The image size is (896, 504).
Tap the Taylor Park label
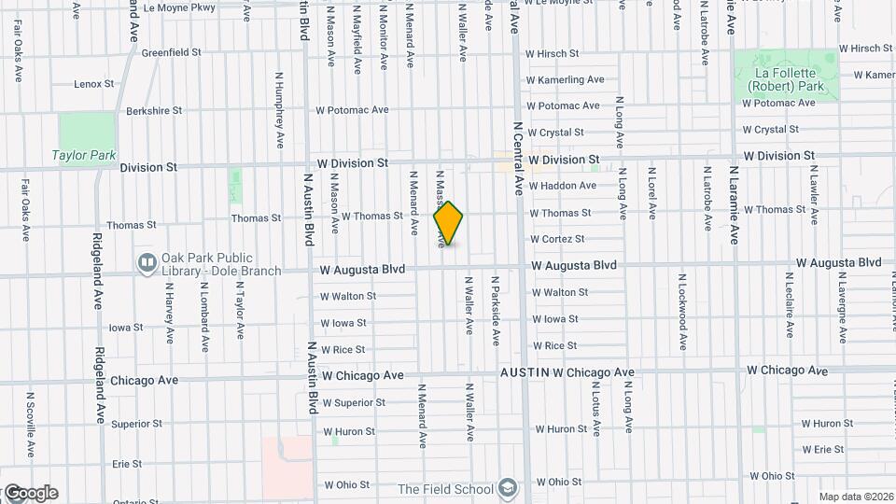coord(84,156)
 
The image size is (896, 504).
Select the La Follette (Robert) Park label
coord(785,79)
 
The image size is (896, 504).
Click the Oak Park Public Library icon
coord(146,264)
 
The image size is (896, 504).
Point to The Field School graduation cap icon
coord(507,487)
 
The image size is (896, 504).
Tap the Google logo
coord(30,493)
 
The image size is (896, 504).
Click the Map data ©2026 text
coord(854,497)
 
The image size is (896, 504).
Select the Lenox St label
coord(93,84)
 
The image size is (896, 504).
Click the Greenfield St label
coord(171,53)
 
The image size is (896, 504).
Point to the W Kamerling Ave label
coord(565,80)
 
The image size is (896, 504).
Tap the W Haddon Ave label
coord(562,186)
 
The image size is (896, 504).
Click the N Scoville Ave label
coord(30,425)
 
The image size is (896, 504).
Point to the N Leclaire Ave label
coord(790,305)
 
